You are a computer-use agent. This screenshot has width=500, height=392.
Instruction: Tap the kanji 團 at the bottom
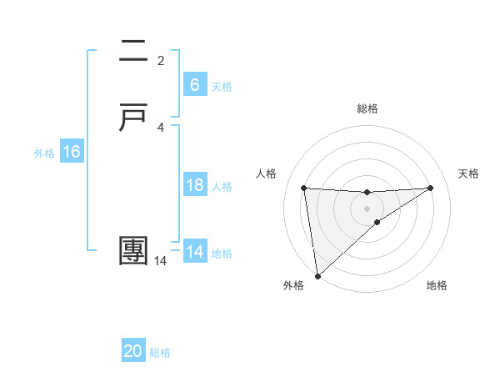click(x=134, y=251)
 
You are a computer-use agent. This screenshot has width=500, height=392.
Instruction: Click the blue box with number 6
click(x=194, y=84)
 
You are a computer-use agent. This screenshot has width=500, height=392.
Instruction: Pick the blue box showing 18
click(x=194, y=185)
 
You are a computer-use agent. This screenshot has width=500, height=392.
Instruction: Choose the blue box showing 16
click(x=71, y=152)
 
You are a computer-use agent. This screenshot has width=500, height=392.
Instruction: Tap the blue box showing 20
click(x=133, y=351)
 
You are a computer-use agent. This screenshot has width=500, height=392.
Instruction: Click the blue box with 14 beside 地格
click(x=194, y=252)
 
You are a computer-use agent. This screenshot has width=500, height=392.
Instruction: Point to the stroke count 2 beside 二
click(x=161, y=60)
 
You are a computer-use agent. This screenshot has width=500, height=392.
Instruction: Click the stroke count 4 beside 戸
click(x=161, y=127)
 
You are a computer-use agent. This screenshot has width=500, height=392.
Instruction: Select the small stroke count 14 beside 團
click(x=161, y=261)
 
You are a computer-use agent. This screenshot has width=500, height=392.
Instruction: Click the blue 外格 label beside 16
click(x=44, y=153)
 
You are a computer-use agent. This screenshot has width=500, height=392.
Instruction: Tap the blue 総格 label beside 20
click(x=160, y=353)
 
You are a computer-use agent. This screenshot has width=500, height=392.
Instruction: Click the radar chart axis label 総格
click(x=367, y=108)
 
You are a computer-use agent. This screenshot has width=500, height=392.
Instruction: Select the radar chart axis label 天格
click(x=469, y=173)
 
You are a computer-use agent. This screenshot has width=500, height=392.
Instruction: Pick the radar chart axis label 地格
click(x=437, y=285)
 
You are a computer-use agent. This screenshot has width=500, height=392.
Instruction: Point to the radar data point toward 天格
click(x=431, y=188)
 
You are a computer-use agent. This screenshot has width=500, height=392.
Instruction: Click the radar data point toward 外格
click(x=317, y=276)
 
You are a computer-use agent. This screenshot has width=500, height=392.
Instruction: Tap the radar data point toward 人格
click(x=303, y=188)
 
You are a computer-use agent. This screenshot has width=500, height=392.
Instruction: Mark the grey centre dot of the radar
click(x=367, y=208)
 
